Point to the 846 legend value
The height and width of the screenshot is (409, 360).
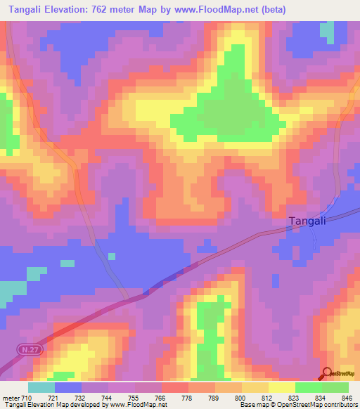(x=346, y=398)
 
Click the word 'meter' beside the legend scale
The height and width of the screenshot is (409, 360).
(x=11, y=398)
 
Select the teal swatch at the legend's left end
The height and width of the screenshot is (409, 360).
(x=41, y=387)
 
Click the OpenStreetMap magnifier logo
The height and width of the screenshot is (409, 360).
(x=328, y=374)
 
